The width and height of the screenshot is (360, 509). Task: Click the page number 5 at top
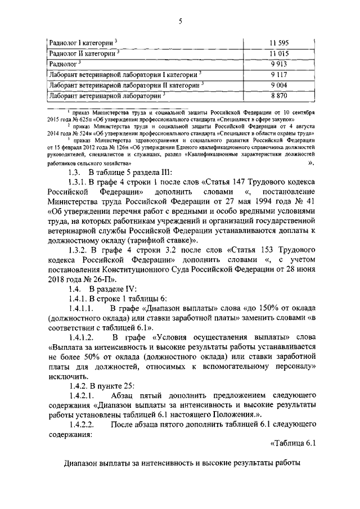(x=180, y=21)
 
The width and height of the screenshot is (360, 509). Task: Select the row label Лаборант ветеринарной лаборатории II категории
(x=125, y=85)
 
